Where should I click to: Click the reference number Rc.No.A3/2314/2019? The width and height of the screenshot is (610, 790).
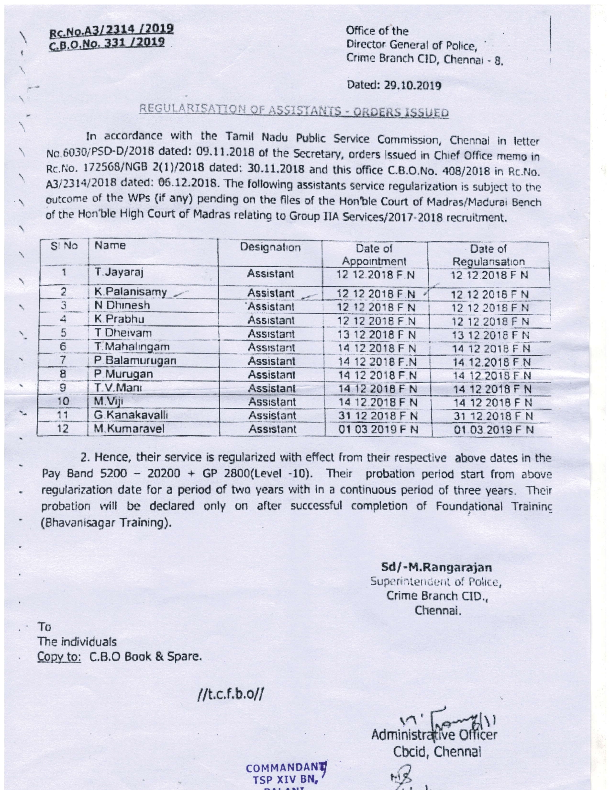[112, 30]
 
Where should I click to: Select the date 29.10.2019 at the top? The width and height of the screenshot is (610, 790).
[394, 86]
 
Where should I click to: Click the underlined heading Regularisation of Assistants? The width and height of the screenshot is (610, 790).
[294, 112]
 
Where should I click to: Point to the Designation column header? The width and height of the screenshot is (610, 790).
[270, 248]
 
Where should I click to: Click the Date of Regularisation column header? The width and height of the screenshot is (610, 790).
[488, 255]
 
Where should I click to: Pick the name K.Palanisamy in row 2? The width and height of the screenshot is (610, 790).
[131, 292]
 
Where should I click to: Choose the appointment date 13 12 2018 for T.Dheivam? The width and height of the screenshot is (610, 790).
[377, 334]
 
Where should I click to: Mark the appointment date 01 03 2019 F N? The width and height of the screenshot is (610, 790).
[378, 429]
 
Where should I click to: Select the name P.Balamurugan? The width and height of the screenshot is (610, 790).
[135, 361]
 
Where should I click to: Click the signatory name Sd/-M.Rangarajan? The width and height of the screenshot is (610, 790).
[436, 568]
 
